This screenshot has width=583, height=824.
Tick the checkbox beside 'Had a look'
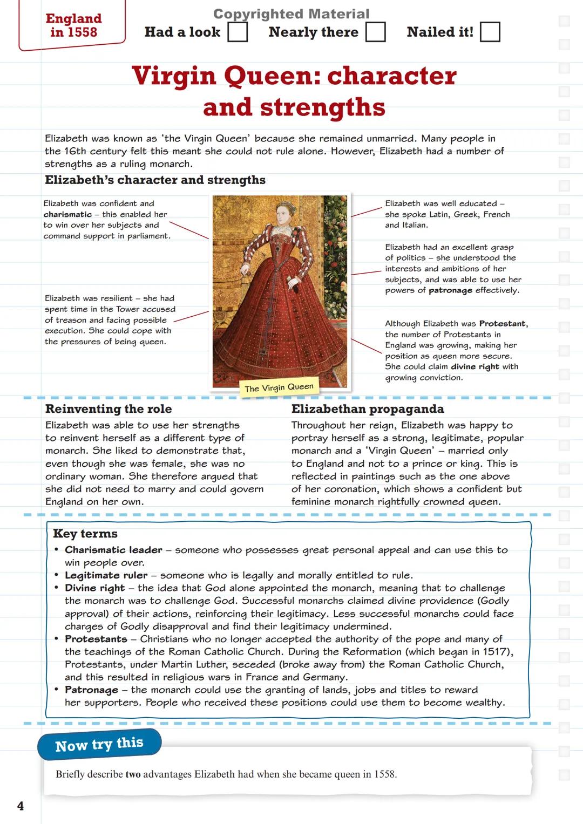pos(238,32)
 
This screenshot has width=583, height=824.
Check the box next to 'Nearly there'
pos(376,32)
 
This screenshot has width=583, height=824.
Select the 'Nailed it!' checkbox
pos(490,32)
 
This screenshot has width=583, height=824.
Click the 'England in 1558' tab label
pos(73,25)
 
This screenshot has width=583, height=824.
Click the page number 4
pos(21,806)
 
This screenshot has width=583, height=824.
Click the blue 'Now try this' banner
pos(99,744)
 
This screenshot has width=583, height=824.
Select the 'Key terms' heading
pos(85,534)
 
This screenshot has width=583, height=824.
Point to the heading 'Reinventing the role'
pos(109,409)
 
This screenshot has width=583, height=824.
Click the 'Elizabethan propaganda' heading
pos(368,409)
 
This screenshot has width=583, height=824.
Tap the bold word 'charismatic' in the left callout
pos(67,214)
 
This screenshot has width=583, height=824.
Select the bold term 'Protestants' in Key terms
pos(96,639)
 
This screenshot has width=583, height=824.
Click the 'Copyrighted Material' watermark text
pos(291,13)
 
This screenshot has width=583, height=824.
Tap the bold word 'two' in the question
pos(133,774)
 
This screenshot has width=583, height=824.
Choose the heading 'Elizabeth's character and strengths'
pos(155,180)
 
